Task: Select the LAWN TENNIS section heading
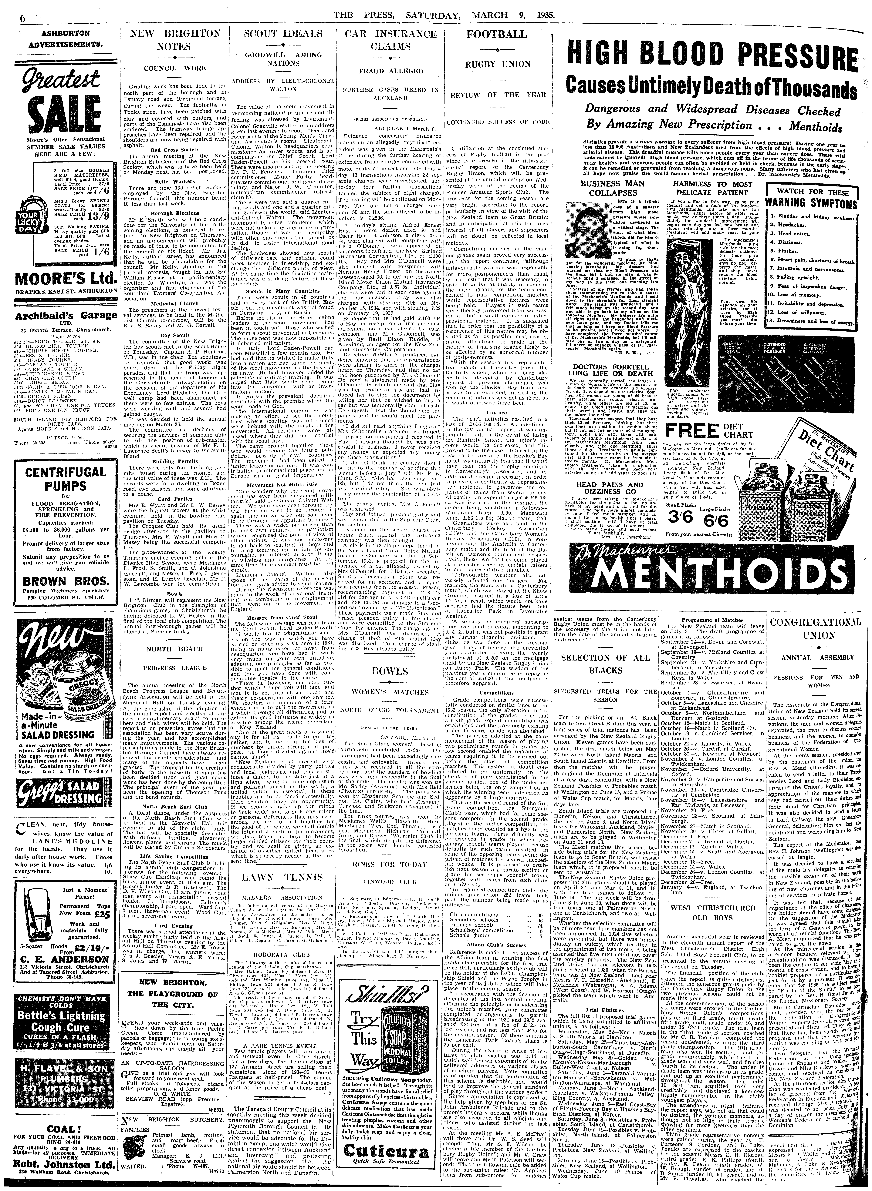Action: click(x=283, y=863)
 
